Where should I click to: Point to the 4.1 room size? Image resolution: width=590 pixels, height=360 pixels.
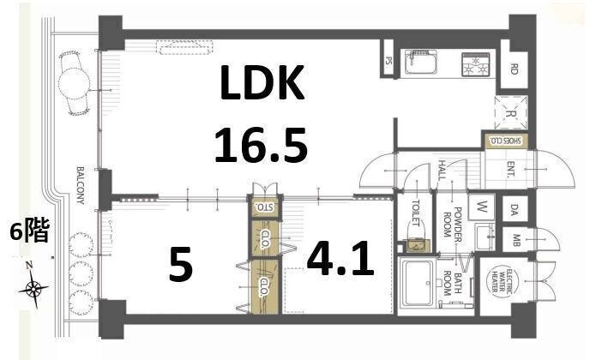[340, 259]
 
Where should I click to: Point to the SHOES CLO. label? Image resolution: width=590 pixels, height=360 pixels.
[506, 141]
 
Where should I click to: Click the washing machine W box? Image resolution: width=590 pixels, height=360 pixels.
[482, 207]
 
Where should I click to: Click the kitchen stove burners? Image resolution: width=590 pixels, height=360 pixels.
[475, 63]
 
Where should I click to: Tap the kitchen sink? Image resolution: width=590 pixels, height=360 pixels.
[421, 62]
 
